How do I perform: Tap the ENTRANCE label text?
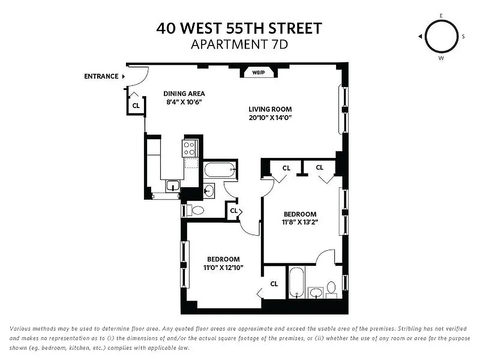click(101, 76)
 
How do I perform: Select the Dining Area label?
click(184, 94)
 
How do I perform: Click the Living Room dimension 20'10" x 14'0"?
click(270, 118)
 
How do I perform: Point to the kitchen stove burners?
click(189, 148)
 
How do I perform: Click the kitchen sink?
click(173, 185)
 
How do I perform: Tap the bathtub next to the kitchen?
click(220, 171)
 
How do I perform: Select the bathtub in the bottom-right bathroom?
click(296, 283)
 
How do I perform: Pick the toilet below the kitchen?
click(197, 210)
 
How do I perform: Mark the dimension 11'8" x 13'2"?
click(300, 222)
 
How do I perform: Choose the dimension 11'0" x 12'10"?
click(223, 267)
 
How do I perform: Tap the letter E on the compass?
click(441, 15)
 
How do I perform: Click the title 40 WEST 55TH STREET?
click(239, 28)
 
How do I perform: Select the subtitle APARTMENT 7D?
click(239, 45)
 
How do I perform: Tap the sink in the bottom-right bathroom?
click(317, 293)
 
